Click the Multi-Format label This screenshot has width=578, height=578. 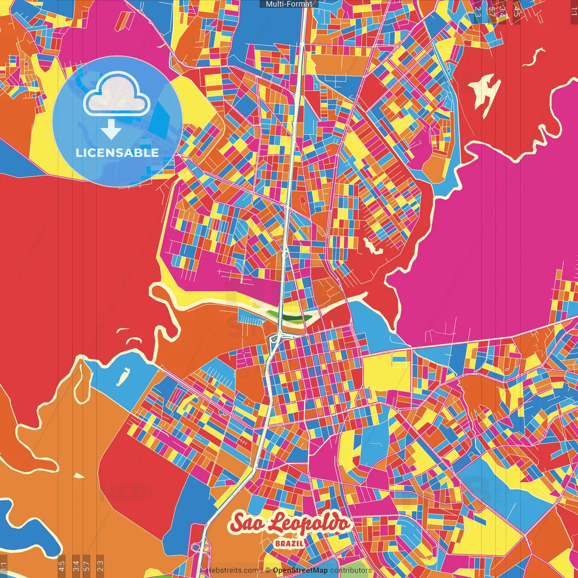[x=289, y=4]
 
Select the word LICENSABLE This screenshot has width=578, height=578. [x=117, y=153]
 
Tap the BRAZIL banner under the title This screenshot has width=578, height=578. [x=289, y=543]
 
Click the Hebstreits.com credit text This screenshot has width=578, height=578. [x=232, y=570]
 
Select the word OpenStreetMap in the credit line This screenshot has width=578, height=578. [x=300, y=570]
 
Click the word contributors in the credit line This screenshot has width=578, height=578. [x=351, y=570]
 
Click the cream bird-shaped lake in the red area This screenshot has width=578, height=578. [x=485, y=90]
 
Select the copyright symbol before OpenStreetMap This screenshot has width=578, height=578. [x=268, y=570]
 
